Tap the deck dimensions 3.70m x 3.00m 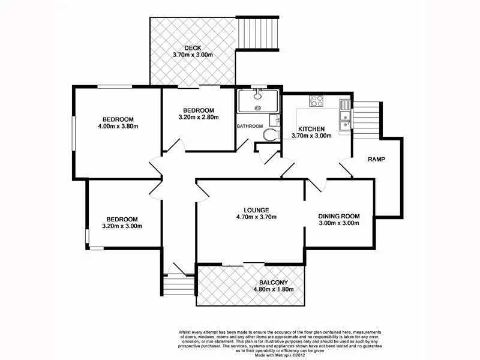193,55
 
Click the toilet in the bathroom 273,134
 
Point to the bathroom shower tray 256,101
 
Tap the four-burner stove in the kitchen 316,101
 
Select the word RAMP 376,160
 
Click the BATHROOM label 250,126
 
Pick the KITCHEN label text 311,128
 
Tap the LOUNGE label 248,209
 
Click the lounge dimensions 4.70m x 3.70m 248,217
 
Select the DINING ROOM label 338,216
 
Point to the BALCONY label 274,283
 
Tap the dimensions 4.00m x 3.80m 118,127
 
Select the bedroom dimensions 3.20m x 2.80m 199,118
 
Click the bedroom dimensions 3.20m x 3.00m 122,226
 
